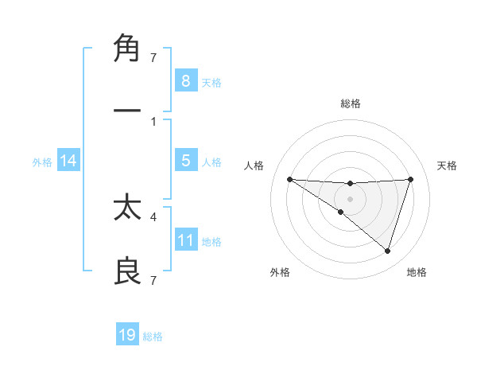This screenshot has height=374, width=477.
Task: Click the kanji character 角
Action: (x=127, y=49)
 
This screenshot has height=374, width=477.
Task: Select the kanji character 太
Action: (x=127, y=209)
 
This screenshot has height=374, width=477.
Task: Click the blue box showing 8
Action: (x=185, y=80)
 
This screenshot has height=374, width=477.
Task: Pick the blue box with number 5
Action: (x=185, y=161)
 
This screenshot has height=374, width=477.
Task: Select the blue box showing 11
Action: (x=185, y=240)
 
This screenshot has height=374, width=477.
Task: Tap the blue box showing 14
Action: (x=68, y=161)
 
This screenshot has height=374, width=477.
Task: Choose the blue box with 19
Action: (x=127, y=335)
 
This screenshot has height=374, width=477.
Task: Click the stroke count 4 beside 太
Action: (x=153, y=216)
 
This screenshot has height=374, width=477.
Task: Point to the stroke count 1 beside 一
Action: (x=153, y=121)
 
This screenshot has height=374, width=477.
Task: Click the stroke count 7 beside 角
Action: (x=153, y=57)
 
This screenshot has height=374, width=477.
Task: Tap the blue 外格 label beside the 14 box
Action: (x=42, y=162)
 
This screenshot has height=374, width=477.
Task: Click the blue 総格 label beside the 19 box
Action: (x=153, y=337)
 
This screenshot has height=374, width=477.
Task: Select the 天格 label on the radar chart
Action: (x=448, y=166)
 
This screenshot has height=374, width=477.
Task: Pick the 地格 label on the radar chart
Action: (x=417, y=272)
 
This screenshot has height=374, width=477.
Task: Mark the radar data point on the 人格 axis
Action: (x=289, y=179)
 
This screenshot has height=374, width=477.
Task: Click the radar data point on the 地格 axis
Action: (x=387, y=251)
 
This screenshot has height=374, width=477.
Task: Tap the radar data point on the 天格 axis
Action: (x=411, y=179)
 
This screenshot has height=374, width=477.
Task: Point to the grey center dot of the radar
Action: (x=350, y=199)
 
